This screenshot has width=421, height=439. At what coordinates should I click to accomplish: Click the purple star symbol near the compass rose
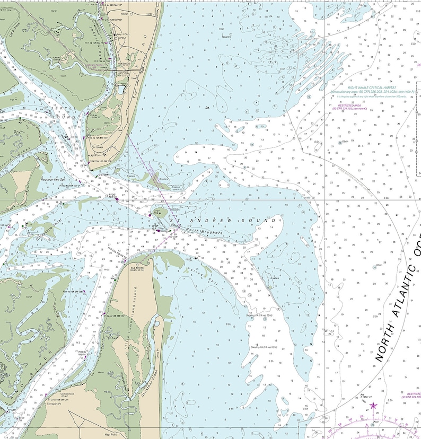tap(373, 406)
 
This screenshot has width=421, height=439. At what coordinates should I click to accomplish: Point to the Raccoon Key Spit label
tap(54, 180)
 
